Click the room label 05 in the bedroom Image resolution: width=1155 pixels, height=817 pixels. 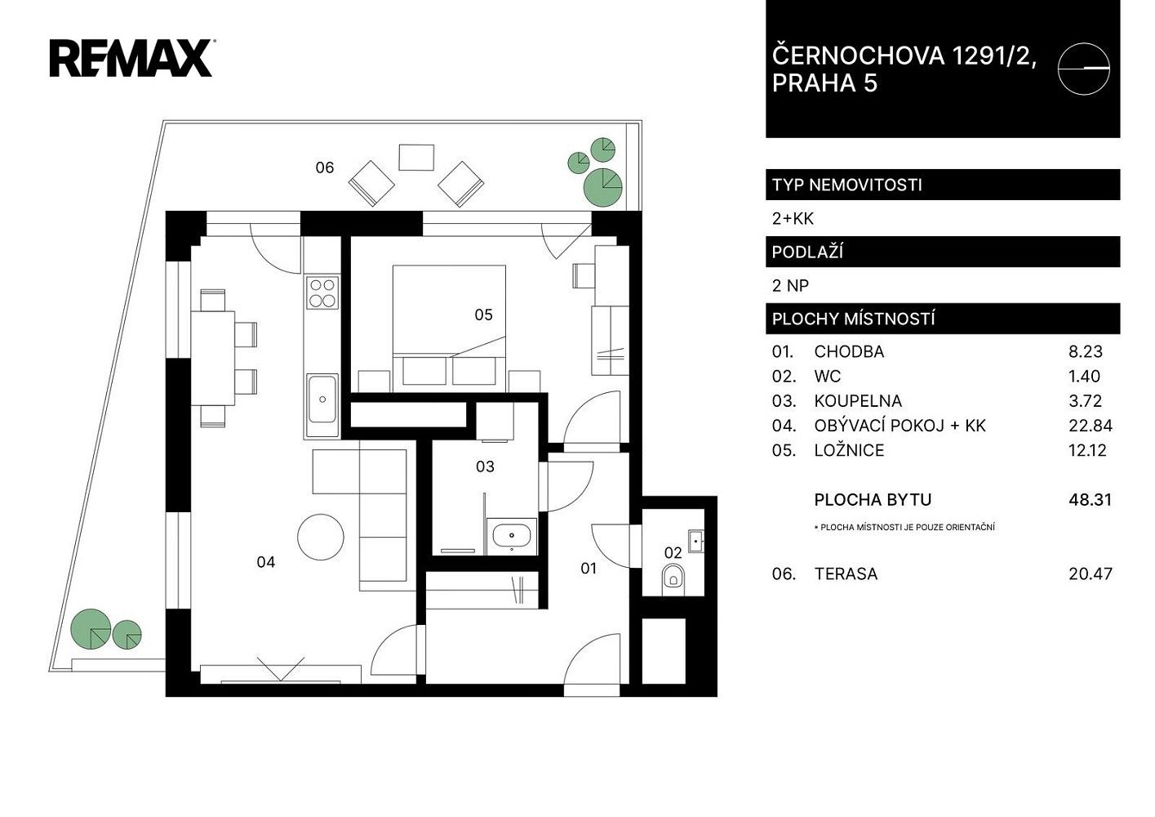(x=484, y=315)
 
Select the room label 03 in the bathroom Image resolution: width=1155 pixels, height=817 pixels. (x=485, y=467)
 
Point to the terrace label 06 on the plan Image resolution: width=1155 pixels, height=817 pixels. (x=324, y=167)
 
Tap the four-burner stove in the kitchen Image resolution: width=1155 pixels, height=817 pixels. (x=322, y=292)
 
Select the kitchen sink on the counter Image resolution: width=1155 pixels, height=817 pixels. (x=322, y=399)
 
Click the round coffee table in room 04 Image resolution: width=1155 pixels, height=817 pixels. (x=321, y=537)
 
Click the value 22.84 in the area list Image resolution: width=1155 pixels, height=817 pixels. (x=1091, y=426)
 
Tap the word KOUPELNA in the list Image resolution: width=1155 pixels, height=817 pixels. (x=858, y=401)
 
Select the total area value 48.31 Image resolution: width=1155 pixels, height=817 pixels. (x=1090, y=499)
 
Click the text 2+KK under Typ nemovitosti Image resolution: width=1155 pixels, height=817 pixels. (x=793, y=219)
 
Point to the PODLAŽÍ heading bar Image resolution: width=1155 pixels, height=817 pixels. (x=943, y=252)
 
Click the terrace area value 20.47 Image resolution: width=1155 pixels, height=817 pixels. (x=1091, y=574)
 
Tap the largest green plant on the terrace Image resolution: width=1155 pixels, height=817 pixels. (x=602, y=187)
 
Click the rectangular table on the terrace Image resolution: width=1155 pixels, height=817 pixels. (x=416, y=158)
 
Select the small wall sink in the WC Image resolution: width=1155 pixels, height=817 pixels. (x=696, y=541)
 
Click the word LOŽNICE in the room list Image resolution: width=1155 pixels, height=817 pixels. (x=849, y=450)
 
